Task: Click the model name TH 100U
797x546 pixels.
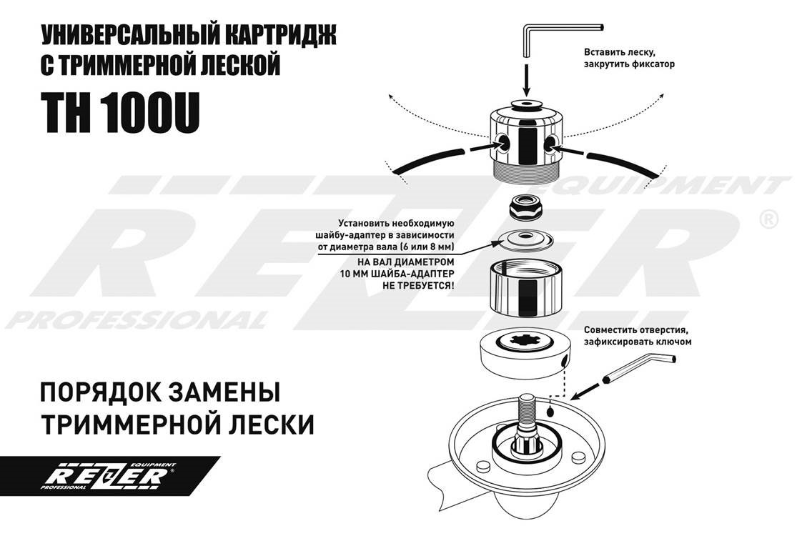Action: (122, 113)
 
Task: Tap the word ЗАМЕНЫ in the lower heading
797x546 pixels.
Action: (222, 393)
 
